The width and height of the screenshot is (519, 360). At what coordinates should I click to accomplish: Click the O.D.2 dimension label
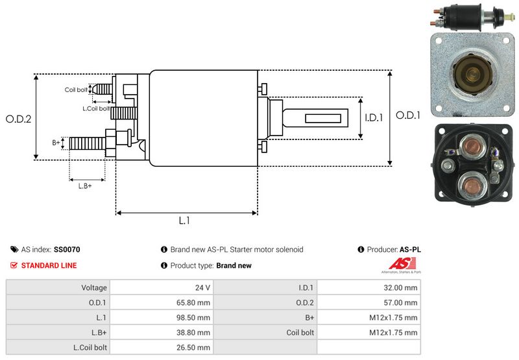pos(18,119)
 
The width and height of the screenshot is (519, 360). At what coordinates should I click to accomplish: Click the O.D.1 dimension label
pos(409,115)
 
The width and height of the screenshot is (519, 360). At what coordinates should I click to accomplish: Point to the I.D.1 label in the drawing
pos(375,118)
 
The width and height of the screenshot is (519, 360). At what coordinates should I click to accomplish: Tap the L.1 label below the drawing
pos(184,221)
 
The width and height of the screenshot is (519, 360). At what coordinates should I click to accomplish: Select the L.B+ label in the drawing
pos(84,186)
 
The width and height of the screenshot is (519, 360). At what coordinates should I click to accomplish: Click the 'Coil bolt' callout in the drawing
pos(75,90)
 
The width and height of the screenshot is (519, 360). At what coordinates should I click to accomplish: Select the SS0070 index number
pos(67,249)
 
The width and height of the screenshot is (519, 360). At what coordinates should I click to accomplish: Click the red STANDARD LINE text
pos(49,265)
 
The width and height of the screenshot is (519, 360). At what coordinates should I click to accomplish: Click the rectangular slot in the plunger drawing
pos(323,119)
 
